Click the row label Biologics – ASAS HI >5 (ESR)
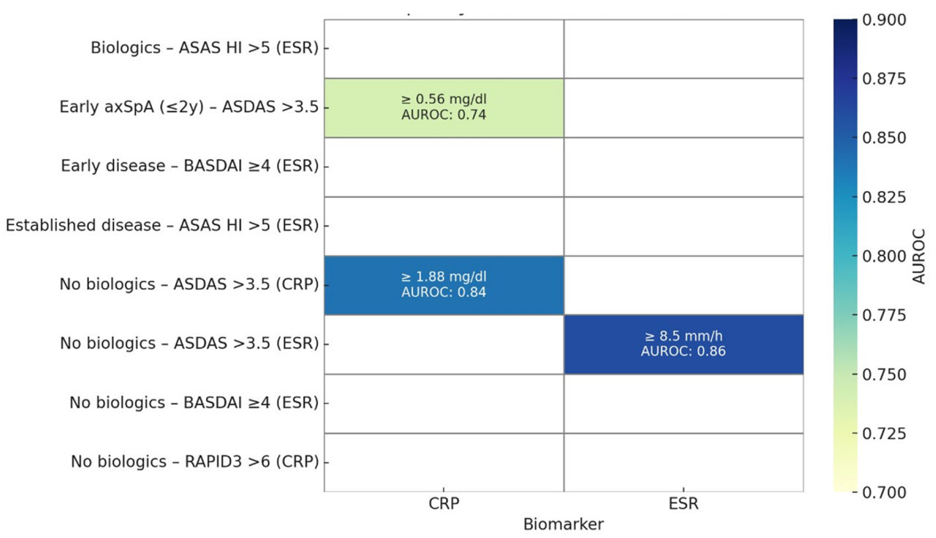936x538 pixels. click(204, 48)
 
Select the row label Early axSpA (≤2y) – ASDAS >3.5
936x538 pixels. click(189, 107)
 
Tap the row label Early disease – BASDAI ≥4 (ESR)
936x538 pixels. click(189, 166)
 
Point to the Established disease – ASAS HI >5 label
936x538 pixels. click(162, 225)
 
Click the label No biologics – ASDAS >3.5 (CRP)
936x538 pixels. click(189, 284)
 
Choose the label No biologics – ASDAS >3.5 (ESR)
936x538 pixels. click(189, 344)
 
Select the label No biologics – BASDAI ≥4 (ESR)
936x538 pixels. click(194, 402)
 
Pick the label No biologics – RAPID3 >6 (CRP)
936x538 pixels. click(195, 462)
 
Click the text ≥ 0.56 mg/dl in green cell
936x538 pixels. click(443, 99)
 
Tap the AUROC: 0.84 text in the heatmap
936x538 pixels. click(443, 292)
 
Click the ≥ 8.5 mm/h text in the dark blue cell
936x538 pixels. click(683, 336)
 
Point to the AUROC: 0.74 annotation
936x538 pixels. click(443, 115)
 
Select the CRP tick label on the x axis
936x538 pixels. click(443, 504)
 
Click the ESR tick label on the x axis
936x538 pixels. click(683, 504)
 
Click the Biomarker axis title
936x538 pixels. click(563, 524)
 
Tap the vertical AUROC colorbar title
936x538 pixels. click(918, 256)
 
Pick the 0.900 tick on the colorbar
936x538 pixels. click(884, 20)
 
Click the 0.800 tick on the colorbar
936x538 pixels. click(884, 256)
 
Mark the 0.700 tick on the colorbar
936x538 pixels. click(884, 492)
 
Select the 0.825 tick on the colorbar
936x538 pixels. click(884, 197)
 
